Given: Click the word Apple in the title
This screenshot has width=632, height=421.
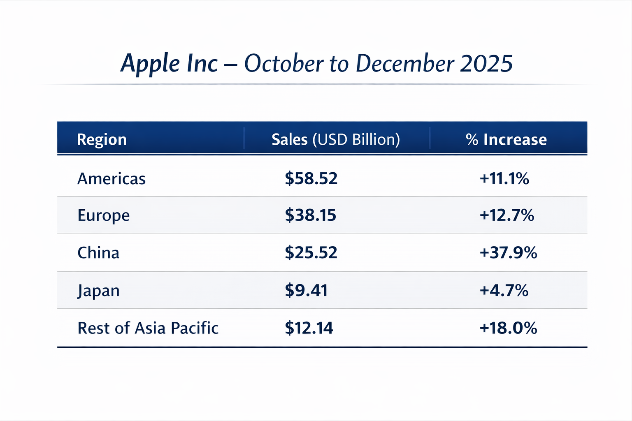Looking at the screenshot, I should click(x=151, y=64).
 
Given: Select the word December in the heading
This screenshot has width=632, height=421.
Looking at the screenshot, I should click(x=405, y=64).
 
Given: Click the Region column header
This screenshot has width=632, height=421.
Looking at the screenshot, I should click(x=102, y=140).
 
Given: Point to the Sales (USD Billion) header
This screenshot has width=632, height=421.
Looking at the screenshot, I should click(x=336, y=140).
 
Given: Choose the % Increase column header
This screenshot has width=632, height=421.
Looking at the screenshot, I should click(x=506, y=140).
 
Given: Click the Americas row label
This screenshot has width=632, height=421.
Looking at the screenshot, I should click(x=112, y=179).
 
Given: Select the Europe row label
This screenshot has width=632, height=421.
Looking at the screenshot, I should click(x=104, y=215).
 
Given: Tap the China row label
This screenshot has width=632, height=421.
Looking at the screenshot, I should click(x=98, y=253).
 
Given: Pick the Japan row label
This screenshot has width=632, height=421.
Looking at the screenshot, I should click(x=98, y=291).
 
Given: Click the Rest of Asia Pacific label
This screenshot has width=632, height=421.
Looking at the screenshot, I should click(x=148, y=328).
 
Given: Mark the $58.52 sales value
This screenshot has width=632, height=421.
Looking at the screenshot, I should click(x=311, y=178).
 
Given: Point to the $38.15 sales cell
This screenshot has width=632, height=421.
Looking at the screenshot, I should click(x=311, y=215).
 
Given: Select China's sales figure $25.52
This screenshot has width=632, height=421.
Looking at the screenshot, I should click(x=311, y=253).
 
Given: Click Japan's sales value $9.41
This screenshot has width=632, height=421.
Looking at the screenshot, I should click(x=306, y=291).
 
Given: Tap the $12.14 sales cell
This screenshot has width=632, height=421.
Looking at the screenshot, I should click(x=309, y=328).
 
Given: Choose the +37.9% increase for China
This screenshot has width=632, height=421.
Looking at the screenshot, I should click(x=508, y=253).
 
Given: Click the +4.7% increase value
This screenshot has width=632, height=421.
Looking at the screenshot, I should click(x=504, y=291).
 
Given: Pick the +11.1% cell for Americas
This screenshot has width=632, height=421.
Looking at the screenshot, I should click(x=504, y=178).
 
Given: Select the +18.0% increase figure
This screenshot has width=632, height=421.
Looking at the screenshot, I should click(x=508, y=328).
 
